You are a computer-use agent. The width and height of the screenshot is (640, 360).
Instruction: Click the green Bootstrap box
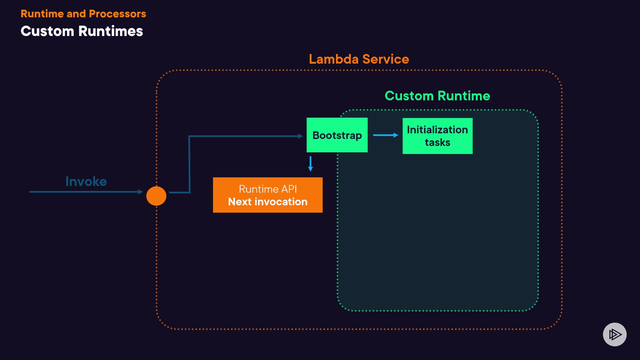[337, 135]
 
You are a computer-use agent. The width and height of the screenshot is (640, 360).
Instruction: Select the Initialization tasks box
[437, 136]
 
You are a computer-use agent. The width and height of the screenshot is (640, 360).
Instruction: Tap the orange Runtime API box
[268, 195]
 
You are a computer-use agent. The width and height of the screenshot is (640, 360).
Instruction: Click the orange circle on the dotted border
[156, 196]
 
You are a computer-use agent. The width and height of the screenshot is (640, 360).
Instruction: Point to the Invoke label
[86, 182]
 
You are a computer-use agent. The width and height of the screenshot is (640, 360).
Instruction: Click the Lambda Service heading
[359, 59]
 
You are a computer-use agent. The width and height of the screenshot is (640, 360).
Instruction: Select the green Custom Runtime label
[437, 96]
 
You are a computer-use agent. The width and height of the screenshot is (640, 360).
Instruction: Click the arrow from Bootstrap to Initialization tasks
[385, 135]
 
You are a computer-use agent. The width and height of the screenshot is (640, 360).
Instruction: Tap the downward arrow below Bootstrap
[310, 164]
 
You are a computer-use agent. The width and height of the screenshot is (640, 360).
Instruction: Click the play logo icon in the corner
[615, 334]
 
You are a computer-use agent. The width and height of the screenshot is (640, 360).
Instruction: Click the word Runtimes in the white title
[111, 31]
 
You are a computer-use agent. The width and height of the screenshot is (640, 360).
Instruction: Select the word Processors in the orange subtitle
[117, 14]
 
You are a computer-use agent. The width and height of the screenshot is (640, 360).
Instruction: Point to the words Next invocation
[268, 202]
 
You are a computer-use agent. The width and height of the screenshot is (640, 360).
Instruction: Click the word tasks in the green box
[437, 143]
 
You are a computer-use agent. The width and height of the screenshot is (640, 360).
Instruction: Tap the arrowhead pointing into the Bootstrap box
[300, 136]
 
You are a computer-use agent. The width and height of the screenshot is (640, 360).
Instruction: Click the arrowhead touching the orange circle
[140, 192]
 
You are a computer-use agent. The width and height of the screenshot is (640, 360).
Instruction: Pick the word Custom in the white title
[47, 31]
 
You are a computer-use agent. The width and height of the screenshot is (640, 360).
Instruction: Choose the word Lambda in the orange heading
[334, 59]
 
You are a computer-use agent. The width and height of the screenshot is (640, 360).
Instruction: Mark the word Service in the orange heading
[386, 59]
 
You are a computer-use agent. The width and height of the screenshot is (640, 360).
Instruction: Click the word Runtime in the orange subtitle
[42, 14]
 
